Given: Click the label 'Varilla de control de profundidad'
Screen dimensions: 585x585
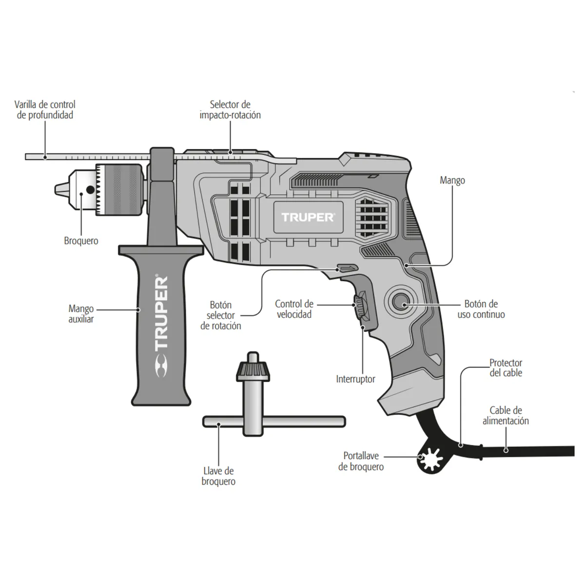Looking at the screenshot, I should [x=45, y=110].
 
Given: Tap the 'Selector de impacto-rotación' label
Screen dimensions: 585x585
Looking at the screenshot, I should [x=230, y=110].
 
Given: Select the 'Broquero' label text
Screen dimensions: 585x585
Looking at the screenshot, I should [x=81, y=241].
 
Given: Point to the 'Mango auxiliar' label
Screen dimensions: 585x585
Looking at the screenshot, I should [x=81, y=314].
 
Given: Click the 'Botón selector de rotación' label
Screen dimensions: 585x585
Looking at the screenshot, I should [x=221, y=315].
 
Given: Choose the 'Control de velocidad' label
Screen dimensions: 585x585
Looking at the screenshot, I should [x=294, y=309].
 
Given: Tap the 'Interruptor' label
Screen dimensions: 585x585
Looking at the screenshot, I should [x=355, y=379].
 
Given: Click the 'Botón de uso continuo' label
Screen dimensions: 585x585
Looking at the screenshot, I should [x=481, y=309].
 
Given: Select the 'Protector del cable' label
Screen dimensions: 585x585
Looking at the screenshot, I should [x=506, y=368].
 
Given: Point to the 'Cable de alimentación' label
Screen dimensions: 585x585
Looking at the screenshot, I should [x=506, y=415].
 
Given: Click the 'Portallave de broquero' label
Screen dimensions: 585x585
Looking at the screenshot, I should [x=361, y=461].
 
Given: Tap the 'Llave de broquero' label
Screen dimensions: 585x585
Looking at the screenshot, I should [x=218, y=476].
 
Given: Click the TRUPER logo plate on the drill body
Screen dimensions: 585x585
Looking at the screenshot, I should [x=307, y=217].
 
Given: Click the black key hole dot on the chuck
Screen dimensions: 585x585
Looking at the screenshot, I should [x=90, y=190].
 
